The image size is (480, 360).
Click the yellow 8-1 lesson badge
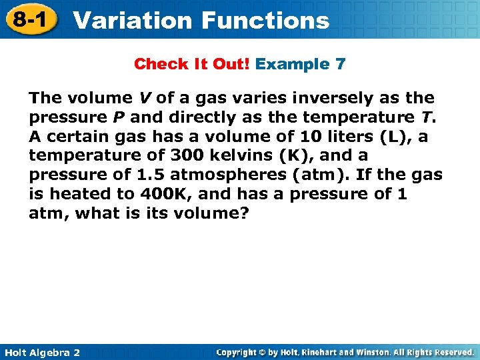(x=29, y=19)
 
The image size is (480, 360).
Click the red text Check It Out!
(x=192, y=65)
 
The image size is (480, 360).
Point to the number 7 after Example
(x=340, y=65)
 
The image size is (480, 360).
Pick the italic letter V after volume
(x=144, y=98)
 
